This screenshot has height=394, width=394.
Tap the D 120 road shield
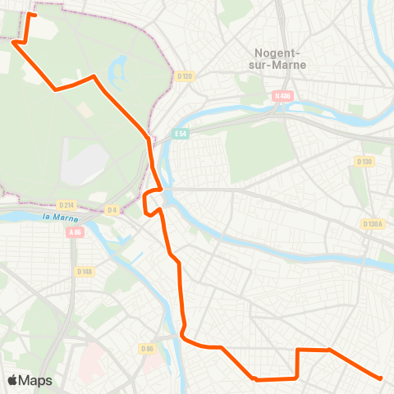[184, 76]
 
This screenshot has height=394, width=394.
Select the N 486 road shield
[282, 96]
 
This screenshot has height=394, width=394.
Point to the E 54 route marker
[181, 134]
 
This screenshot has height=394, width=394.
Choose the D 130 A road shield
[373, 224]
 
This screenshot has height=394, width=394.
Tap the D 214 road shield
[67, 205]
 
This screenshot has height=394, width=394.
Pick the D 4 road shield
[111, 210]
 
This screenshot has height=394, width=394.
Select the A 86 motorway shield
[76, 232]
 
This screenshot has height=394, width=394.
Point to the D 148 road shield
[84, 272]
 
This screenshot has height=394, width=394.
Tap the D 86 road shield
[148, 350]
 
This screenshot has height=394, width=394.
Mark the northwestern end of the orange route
[30, 14]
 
